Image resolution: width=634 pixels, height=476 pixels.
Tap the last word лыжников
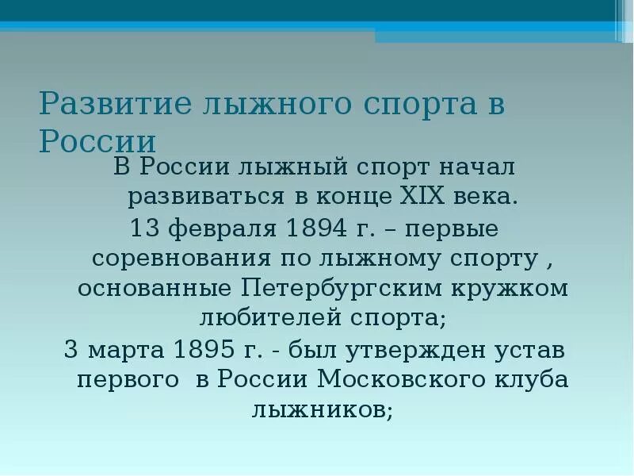tap(322, 409)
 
